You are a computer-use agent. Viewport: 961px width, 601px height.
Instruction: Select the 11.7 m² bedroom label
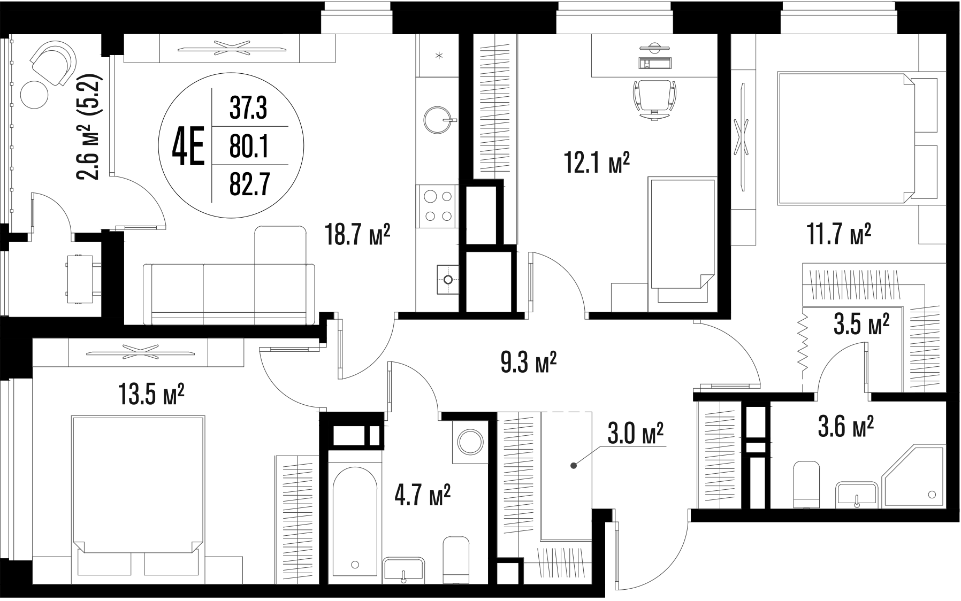(x=839, y=234)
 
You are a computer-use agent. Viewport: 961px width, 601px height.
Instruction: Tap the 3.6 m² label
(x=846, y=428)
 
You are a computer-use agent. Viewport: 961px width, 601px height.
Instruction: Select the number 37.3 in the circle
(x=248, y=109)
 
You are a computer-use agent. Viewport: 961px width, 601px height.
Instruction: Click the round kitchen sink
(x=440, y=121)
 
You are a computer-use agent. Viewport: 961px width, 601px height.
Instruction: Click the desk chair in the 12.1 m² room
(x=654, y=99)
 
